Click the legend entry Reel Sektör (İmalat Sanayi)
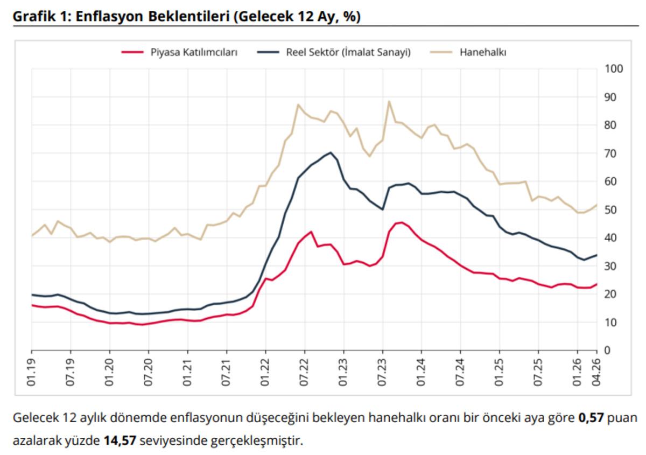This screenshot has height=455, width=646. (348, 52)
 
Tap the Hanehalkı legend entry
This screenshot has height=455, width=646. (482, 52)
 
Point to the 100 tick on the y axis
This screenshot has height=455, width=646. (614, 69)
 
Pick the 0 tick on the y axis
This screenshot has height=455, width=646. (608, 351)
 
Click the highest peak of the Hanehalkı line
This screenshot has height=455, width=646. (389, 101)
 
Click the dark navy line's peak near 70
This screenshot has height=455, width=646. (331, 152)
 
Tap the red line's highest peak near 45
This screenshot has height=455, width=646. (402, 222)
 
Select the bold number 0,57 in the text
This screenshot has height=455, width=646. (590, 418)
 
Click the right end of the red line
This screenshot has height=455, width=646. (596, 284)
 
